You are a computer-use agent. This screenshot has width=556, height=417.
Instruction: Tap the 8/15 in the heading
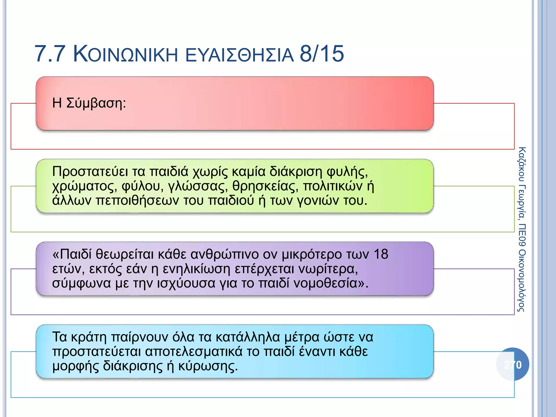coord(322,54)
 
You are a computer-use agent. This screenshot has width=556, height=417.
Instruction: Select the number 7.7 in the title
coord(50,54)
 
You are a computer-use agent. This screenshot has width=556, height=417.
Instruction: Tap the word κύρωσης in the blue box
coord(208,366)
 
